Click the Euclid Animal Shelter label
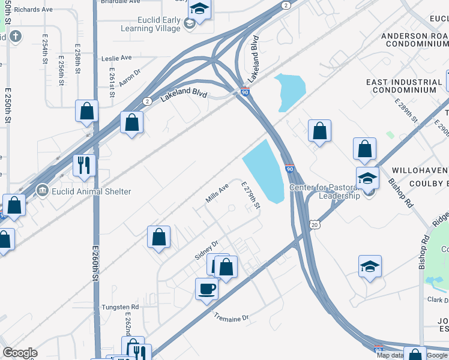(91, 192)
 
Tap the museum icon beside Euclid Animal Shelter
(42, 191)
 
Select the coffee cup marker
(206, 289)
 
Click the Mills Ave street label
(217, 193)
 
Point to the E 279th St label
(251, 197)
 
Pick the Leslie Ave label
(116, 58)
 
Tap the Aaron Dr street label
(129, 77)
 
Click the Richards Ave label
(34, 10)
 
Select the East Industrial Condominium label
(403, 86)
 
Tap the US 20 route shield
(314, 224)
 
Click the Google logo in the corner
(20, 353)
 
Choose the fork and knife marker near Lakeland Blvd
(84, 165)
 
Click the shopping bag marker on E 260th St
(86, 111)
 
